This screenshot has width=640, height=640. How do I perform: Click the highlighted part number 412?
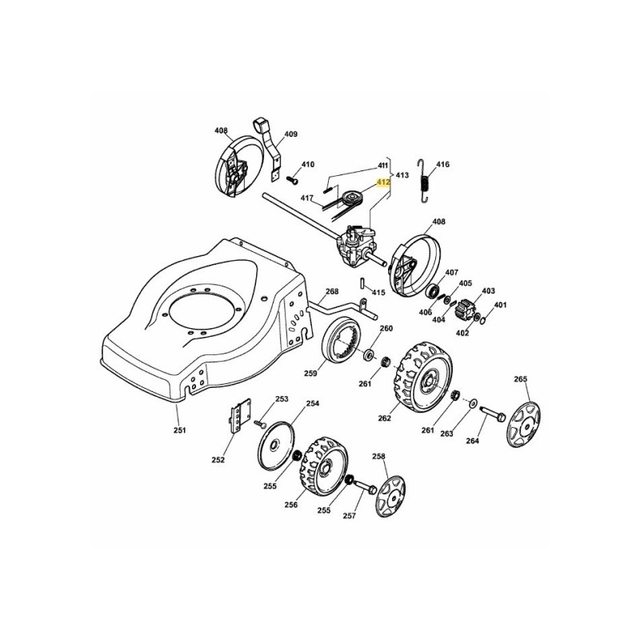click(383, 182)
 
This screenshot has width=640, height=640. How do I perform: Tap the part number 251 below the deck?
click(180, 430)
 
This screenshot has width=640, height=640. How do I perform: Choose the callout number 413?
click(402, 174)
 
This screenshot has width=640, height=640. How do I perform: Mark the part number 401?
click(501, 305)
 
